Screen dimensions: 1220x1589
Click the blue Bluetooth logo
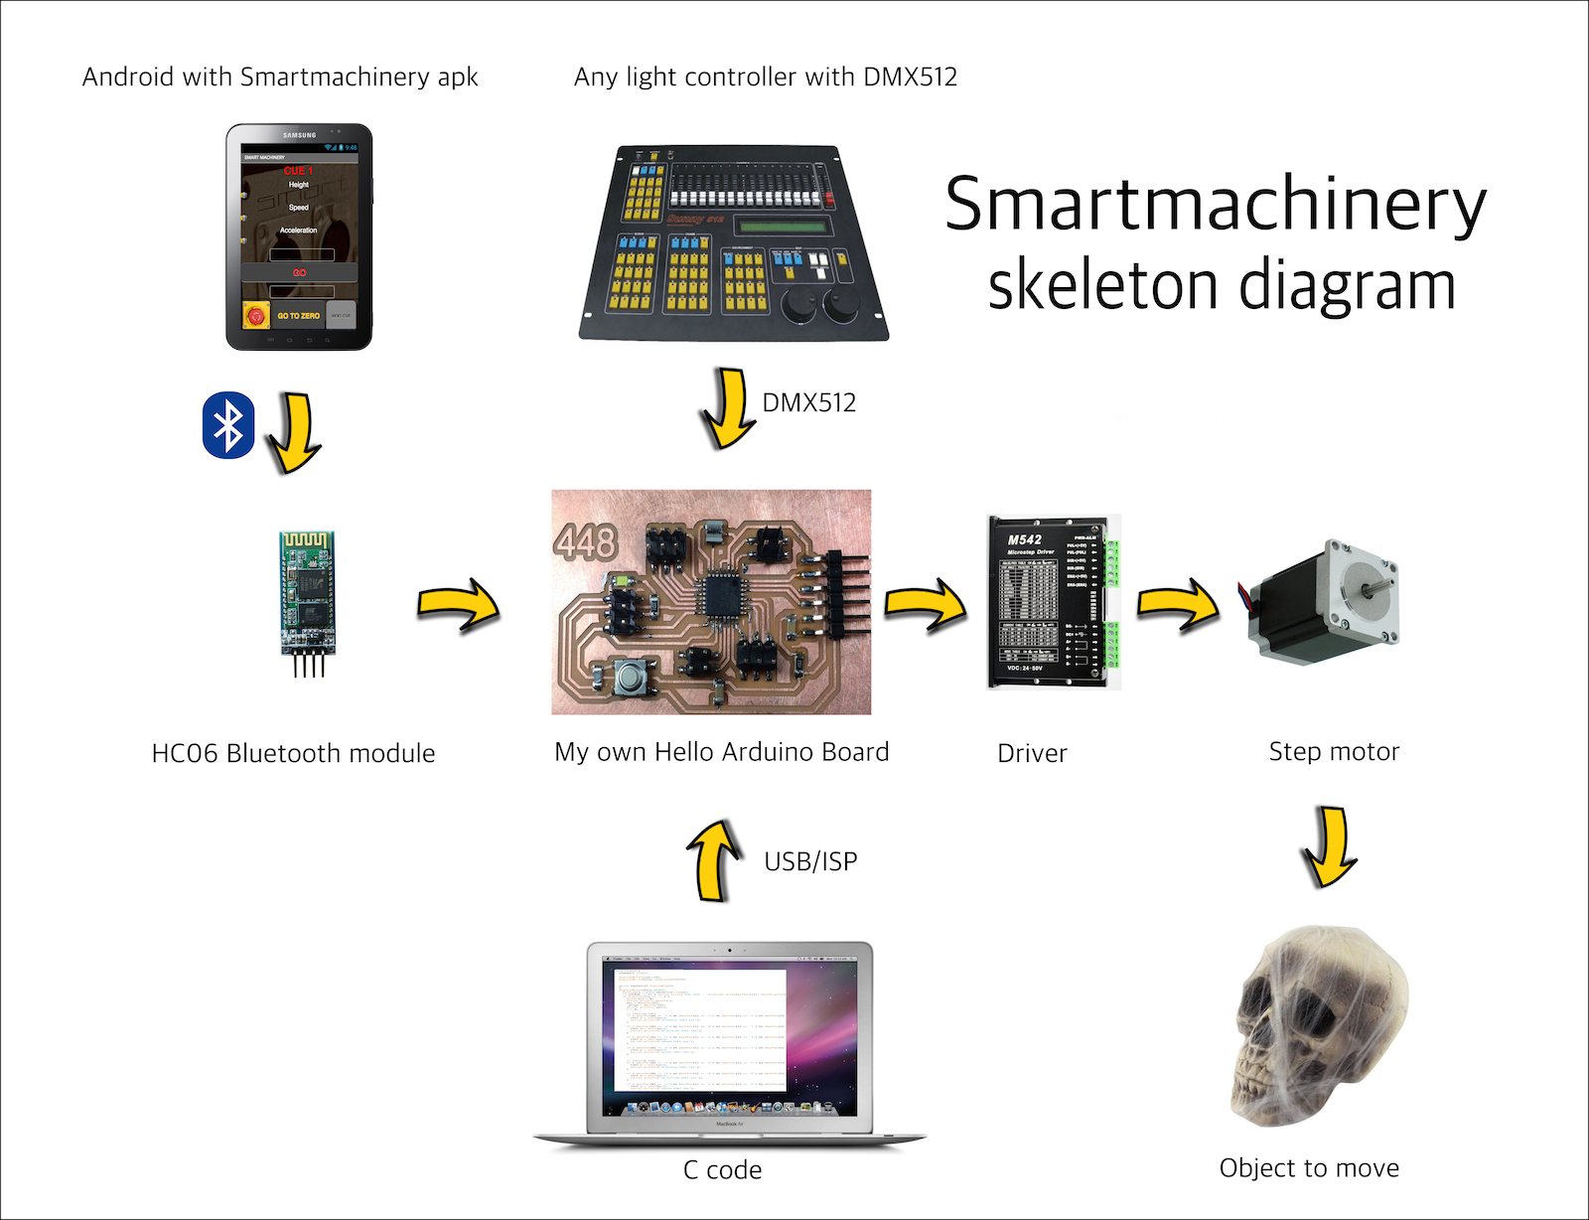(x=228, y=425)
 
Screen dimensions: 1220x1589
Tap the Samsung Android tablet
(x=299, y=236)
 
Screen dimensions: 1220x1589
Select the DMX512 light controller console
(x=733, y=242)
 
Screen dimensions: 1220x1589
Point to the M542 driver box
(x=1048, y=602)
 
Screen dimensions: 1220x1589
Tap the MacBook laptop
(x=730, y=1043)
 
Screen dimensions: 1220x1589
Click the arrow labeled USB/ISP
(x=713, y=859)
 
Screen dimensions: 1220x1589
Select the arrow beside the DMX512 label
(x=730, y=408)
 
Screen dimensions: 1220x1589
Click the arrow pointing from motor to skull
(x=1329, y=846)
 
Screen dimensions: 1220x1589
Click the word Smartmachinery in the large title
(x=1215, y=205)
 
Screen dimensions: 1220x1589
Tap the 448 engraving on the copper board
(x=586, y=542)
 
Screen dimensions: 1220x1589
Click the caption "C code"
(x=722, y=1170)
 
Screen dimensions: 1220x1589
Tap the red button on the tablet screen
(x=256, y=316)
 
